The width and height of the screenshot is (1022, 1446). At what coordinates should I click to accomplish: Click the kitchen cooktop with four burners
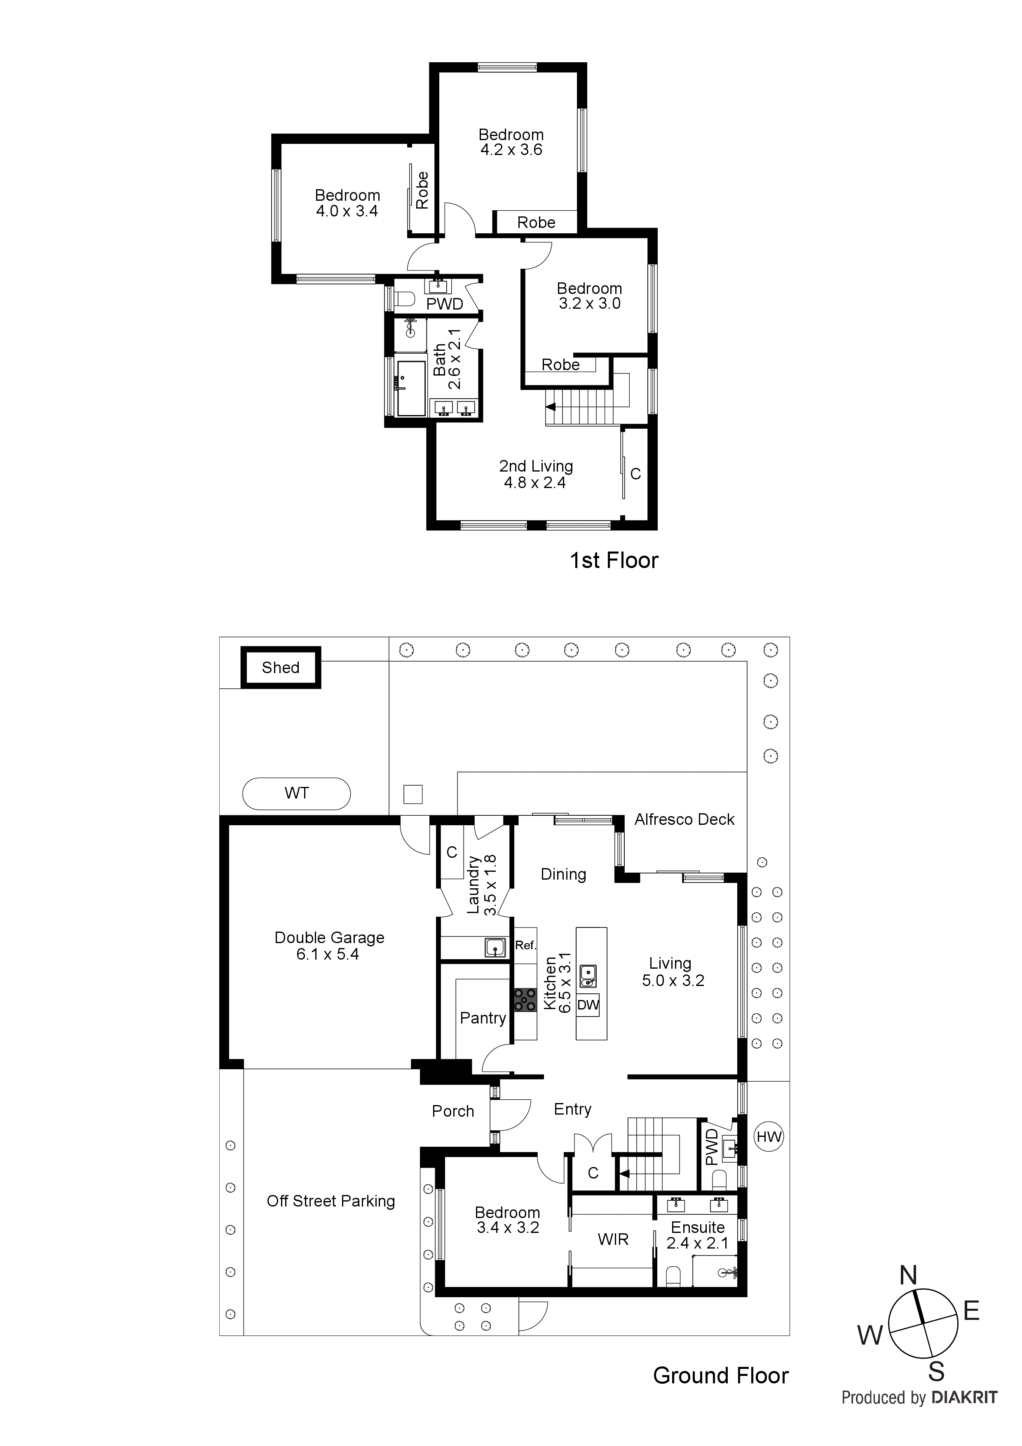525,1000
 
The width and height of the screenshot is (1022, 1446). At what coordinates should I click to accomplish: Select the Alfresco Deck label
684,819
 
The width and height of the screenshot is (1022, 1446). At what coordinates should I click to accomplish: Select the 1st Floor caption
614,561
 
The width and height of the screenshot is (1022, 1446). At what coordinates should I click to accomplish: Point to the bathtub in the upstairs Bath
412,389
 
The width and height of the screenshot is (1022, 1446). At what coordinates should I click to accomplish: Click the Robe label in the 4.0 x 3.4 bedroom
422,190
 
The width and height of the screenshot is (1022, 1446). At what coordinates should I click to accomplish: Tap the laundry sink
495,947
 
